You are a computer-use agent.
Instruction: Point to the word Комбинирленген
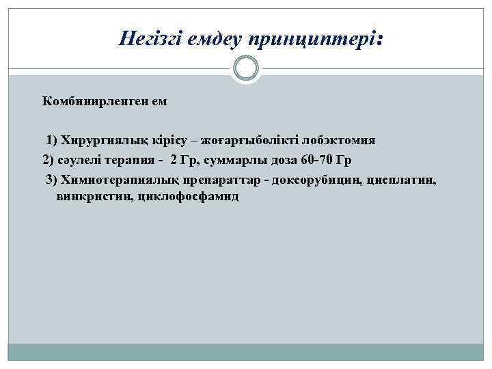pyautogui.click(x=96, y=101)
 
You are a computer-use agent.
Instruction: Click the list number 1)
pyautogui.click(x=52, y=141)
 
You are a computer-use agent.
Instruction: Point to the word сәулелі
pyautogui.click(x=79, y=161)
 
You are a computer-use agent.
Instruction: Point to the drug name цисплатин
pyautogui.click(x=400, y=180)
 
